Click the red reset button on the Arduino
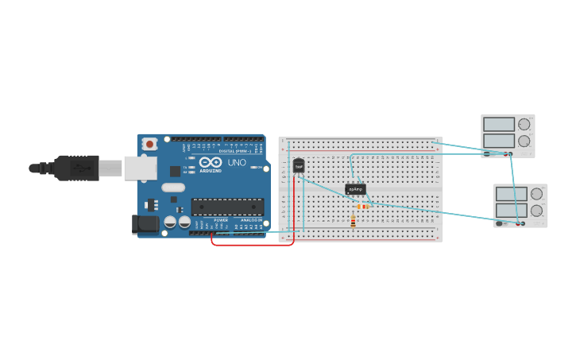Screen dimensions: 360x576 click(149, 144)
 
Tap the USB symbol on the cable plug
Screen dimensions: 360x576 click(80, 168)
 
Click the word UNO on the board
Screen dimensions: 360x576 click(237, 162)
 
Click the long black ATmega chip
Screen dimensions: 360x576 click(227, 207)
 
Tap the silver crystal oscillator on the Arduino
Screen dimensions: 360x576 click(172, 188)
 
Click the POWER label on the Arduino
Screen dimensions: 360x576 click(221, 220)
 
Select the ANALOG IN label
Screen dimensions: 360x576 click(251, 220)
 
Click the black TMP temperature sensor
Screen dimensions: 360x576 click(299, 165)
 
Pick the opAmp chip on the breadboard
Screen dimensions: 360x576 click(355, 189)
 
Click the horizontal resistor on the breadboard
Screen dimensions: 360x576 click(362, 207)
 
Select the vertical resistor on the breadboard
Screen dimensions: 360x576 click(353, 222)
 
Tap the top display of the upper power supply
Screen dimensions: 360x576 click(499, 125)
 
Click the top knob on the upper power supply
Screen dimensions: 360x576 click(524, 125)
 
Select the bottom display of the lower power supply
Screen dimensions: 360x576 click(511, 211)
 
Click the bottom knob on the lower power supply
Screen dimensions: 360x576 click(536, 211)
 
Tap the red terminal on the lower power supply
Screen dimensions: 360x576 click(521, 223)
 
